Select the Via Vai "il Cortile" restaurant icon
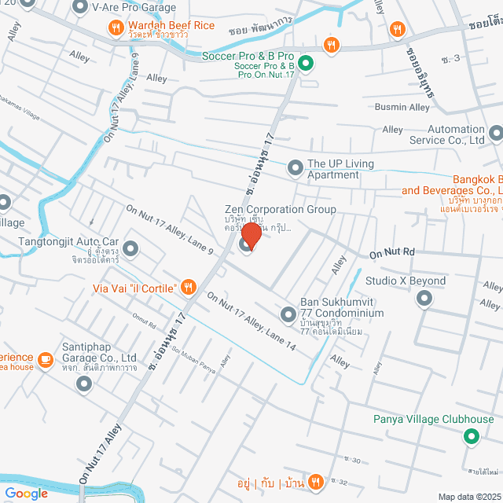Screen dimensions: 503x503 (x=188, y=287)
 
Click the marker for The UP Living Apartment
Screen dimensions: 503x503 (x=296, y=167)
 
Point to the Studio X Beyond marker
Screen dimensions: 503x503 (x=424, y=299)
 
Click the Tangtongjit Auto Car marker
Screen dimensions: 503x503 (x=130, y=249)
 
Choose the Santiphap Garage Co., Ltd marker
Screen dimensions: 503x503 (x=84, y=384)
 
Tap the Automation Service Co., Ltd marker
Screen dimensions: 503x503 (x=495, y=134)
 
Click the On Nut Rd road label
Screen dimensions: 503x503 (x=391, y=253)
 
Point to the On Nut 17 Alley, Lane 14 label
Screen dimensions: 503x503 (x=251, y=321)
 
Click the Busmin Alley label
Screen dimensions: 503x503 (x=402, y=107)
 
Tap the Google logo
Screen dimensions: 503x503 (x=26, y=493)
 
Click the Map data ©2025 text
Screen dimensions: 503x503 (x=468, y=496)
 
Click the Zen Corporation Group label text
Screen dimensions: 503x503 (x=281, y=210)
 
